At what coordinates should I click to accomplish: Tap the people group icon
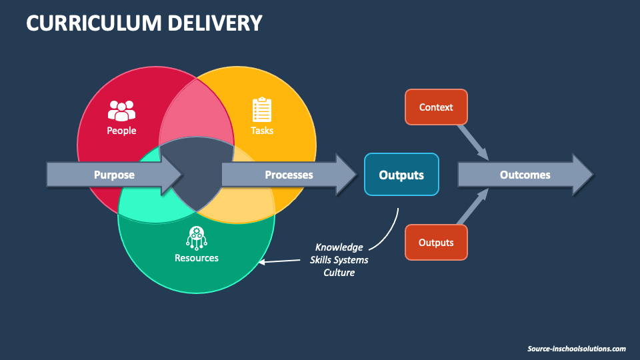pyautogui.click(x=121, y=110)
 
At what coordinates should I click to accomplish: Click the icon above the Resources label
pyautogui.click(x=196, y=237)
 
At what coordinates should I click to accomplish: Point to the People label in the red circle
pyautogui.click(x=121, y=131)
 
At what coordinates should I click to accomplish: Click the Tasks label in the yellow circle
pyautogui.click(x=262, y=131)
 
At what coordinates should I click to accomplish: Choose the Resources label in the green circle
pyautogui.click(x=196, y=258)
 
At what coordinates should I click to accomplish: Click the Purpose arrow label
pyautogui.click(x=114, y=175)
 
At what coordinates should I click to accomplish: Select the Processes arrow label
pyautogui.click(x=289, y=175)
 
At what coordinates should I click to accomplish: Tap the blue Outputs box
pyautogui.click(x=401, y=175)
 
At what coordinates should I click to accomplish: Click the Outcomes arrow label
pyautogui.click(x=525, y=175)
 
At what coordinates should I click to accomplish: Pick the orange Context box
pyautogui.click(x=436, y=107)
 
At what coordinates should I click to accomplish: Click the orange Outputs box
pyautogui.click(x=436, y=243)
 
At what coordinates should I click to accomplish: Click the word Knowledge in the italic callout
pyautogui.click(x=339, y=247)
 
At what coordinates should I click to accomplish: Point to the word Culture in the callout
pyautogui.click(x=339, y=272)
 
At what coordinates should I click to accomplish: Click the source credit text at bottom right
pyautogui.click(x=576, y=349)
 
